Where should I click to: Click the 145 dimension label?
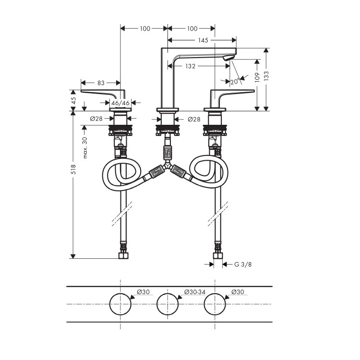203,40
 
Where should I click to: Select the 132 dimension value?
191,66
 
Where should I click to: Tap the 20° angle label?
235,82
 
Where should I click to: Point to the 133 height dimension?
266,75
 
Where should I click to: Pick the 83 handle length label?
101,83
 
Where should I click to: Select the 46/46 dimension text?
120,103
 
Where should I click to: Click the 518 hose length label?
73,169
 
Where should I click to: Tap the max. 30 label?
85,148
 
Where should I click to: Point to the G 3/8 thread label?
243,264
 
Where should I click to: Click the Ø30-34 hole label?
195,292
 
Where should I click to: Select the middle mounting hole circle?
168,293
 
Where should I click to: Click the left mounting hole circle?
120,293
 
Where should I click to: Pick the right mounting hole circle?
215,293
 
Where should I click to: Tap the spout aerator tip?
228,58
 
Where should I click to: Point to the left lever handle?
103,94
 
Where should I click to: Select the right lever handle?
232,94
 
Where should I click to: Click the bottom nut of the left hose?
123,255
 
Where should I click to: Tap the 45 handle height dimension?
73,100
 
